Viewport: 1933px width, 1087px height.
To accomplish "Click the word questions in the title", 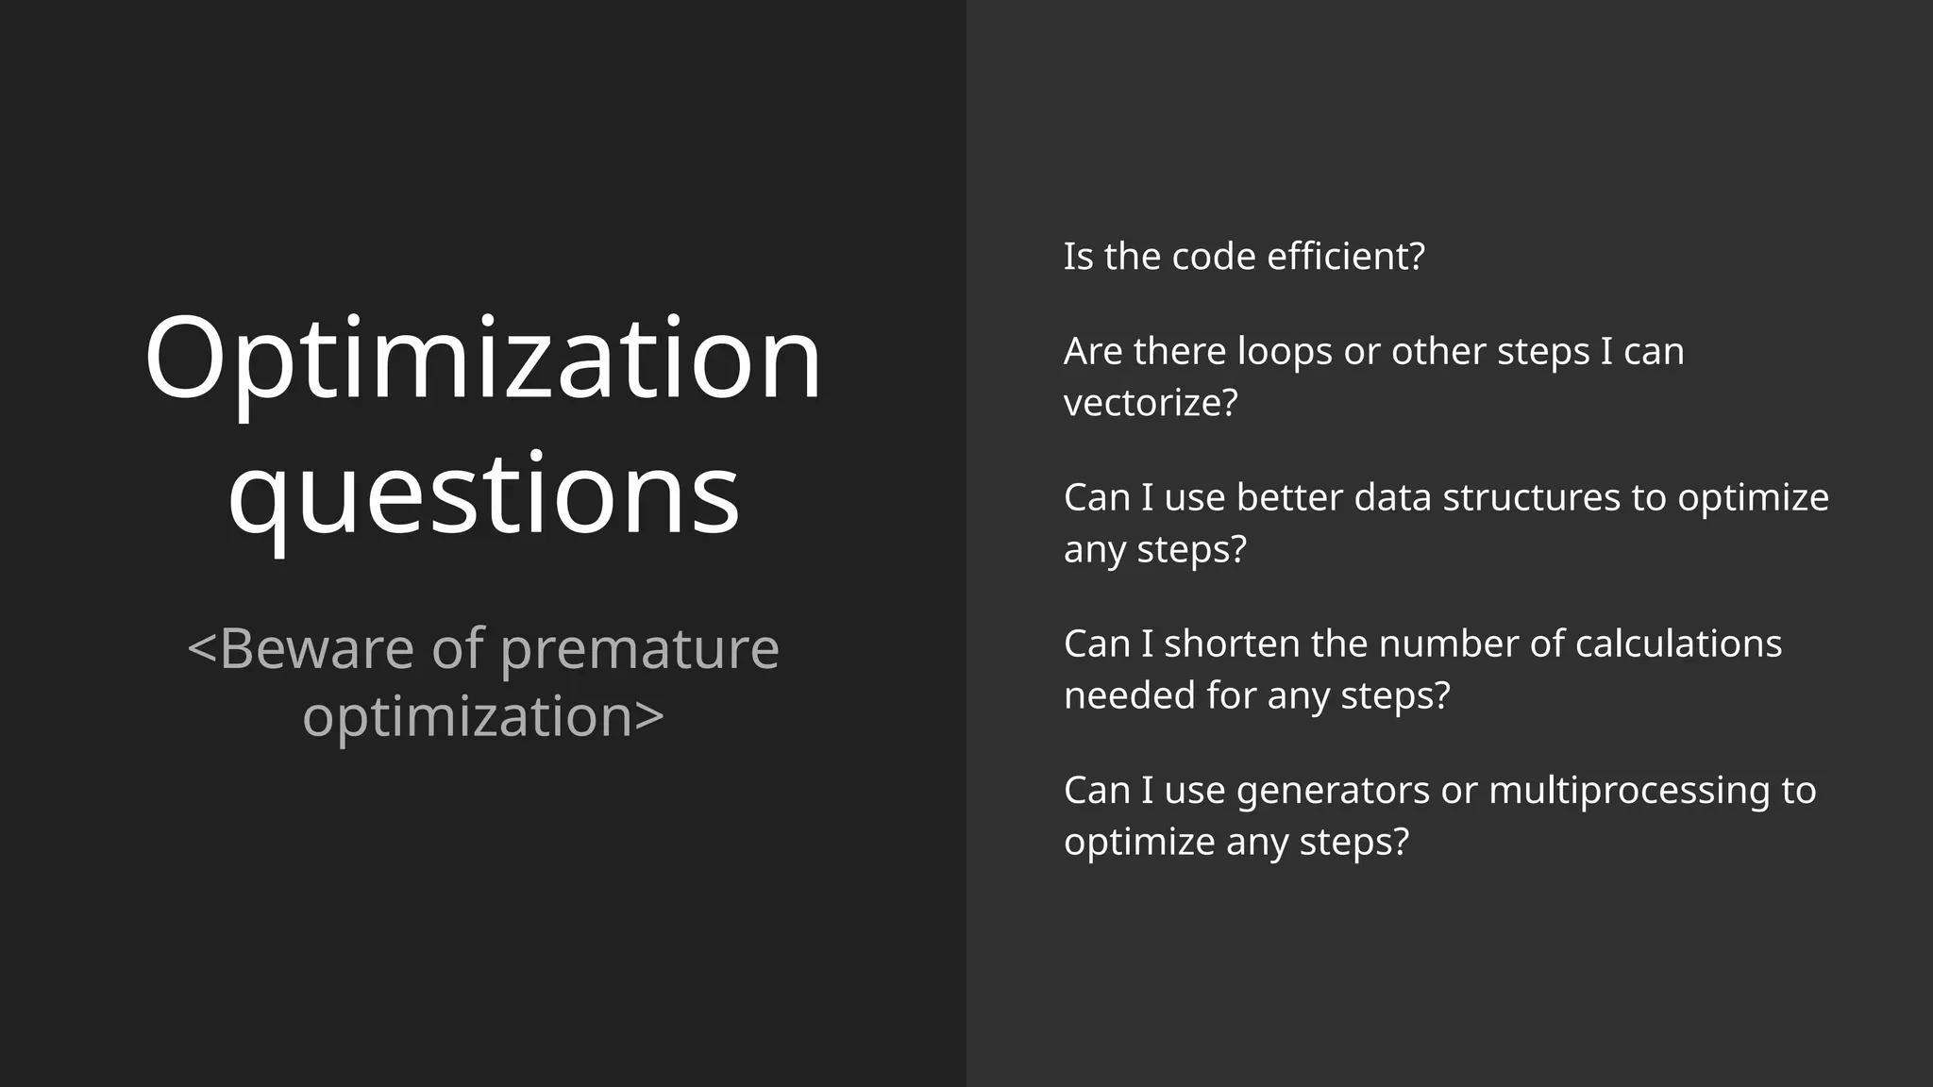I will pos(483,495).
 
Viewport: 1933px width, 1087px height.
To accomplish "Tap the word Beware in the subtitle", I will pos(317,649).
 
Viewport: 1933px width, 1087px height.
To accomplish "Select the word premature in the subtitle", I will pos(640,651).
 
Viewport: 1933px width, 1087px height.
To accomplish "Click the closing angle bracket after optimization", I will pos(650,717).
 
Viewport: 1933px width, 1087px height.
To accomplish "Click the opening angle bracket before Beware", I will pos(202,649).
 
